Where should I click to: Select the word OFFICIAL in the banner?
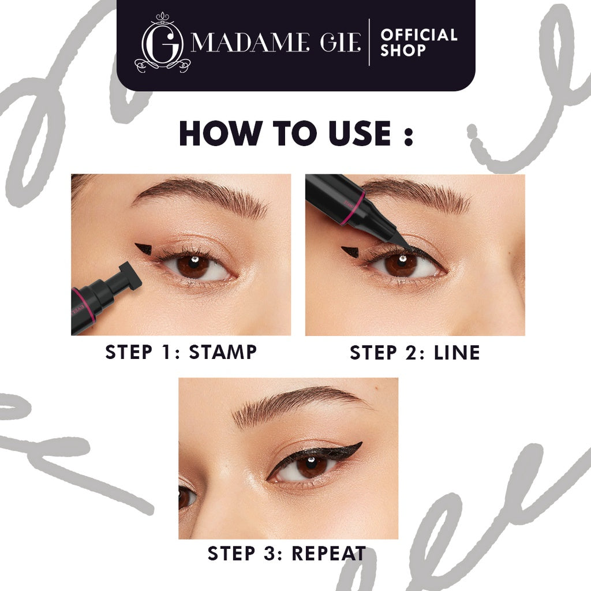419,35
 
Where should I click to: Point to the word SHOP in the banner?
403,51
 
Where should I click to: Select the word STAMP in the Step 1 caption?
223,352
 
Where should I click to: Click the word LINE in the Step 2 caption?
455,353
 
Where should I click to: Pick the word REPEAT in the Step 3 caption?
328,553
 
